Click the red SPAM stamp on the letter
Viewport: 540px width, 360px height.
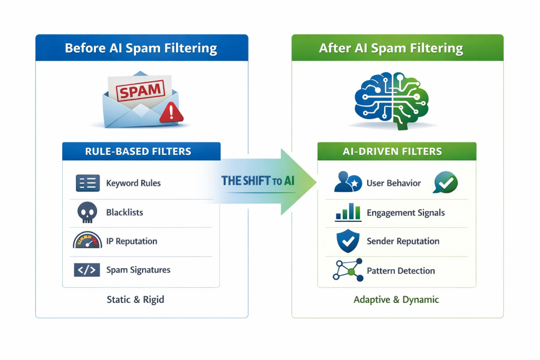click(140, 91)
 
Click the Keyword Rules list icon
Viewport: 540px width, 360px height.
click(88, 183)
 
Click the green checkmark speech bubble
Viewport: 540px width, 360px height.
click(445, 182)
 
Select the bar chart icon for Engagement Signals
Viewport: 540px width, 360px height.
click(348, 212)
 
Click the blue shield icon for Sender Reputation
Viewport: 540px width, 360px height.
click(348, 241)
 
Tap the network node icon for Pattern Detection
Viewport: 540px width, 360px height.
click(348, 270)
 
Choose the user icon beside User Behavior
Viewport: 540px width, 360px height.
click(348, 182)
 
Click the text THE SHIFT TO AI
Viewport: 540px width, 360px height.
click(258, 181)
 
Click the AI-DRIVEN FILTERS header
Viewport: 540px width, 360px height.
click(397, 152)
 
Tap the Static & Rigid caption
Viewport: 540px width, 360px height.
click(136, 299)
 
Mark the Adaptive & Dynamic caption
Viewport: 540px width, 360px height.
click(396, 299)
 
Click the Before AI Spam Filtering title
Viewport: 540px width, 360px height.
click(141, 48)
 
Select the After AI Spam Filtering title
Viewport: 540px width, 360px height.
click(391, 48)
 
